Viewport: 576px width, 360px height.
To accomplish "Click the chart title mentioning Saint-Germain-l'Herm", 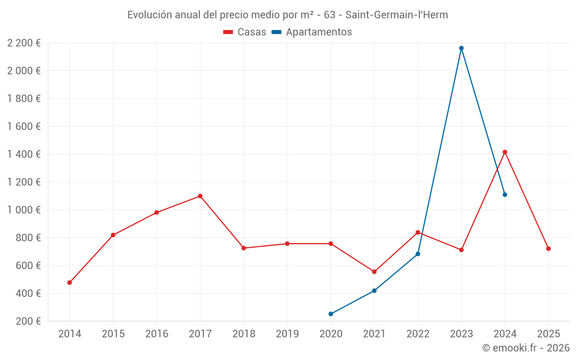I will coord(287,15).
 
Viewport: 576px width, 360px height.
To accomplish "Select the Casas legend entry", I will coord(245,32).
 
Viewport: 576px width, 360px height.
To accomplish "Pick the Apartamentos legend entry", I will coord(311,32).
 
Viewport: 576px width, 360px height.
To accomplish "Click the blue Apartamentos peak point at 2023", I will coord(461,48).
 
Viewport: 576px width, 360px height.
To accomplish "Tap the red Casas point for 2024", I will coord(505,152).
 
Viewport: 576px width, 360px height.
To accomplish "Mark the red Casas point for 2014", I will coord(70,283).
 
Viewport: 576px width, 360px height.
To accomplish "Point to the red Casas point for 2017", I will coord(200,196).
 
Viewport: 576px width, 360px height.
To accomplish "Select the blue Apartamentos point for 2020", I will coord(331,314).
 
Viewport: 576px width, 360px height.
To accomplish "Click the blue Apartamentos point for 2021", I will coord(374,291).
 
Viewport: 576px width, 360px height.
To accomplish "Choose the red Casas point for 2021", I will coord(374,272).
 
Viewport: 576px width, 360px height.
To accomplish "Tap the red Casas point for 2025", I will coord(548,249).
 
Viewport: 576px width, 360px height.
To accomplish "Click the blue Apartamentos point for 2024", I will coord(505,195).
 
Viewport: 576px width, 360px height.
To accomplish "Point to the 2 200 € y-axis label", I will coord(24,43).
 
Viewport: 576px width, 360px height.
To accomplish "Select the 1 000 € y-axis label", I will coord(24,210).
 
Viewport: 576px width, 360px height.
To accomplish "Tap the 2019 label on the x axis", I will coord(287,334).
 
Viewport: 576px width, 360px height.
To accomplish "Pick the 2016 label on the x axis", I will coord(157,334).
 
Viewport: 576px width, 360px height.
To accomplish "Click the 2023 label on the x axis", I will coord(461,334).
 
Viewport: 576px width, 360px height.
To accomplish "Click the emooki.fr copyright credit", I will coord(525,348).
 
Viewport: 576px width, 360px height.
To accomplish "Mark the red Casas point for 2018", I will coord(244,248).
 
